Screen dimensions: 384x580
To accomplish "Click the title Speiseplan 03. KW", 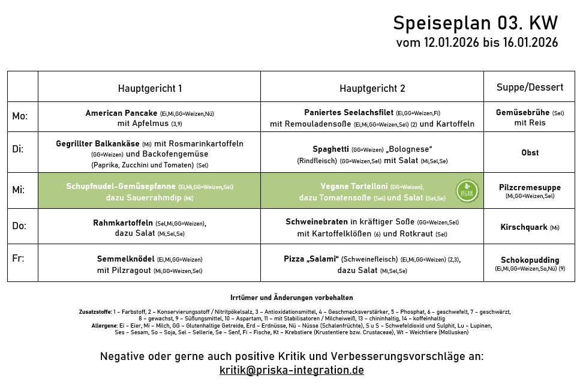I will (475, 23).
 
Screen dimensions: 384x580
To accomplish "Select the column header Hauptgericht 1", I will (149, 88).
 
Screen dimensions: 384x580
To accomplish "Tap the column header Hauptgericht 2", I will (372, 88).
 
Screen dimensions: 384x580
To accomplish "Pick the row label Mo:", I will (20, 116).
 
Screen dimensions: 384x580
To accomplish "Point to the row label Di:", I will (19, 149).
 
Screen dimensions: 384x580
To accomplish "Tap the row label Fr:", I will (19, 259).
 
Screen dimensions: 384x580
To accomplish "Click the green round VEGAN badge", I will (467, 190).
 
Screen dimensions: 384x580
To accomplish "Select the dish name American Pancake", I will (121, 113).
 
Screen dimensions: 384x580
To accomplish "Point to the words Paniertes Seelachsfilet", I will (348, 113).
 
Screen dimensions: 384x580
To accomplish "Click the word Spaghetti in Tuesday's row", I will (330, 149).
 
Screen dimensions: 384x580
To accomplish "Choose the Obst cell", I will (530, 153).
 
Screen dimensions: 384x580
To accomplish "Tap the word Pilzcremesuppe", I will (530, 187).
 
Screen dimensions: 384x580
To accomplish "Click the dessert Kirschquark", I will (524, 227).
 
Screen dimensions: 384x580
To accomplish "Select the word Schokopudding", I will (530, 260).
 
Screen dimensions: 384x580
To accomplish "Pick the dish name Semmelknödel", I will (125, 259).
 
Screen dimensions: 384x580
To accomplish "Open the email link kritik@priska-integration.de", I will (291, 370).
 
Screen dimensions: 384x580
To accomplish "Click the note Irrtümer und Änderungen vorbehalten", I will (291, 298).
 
